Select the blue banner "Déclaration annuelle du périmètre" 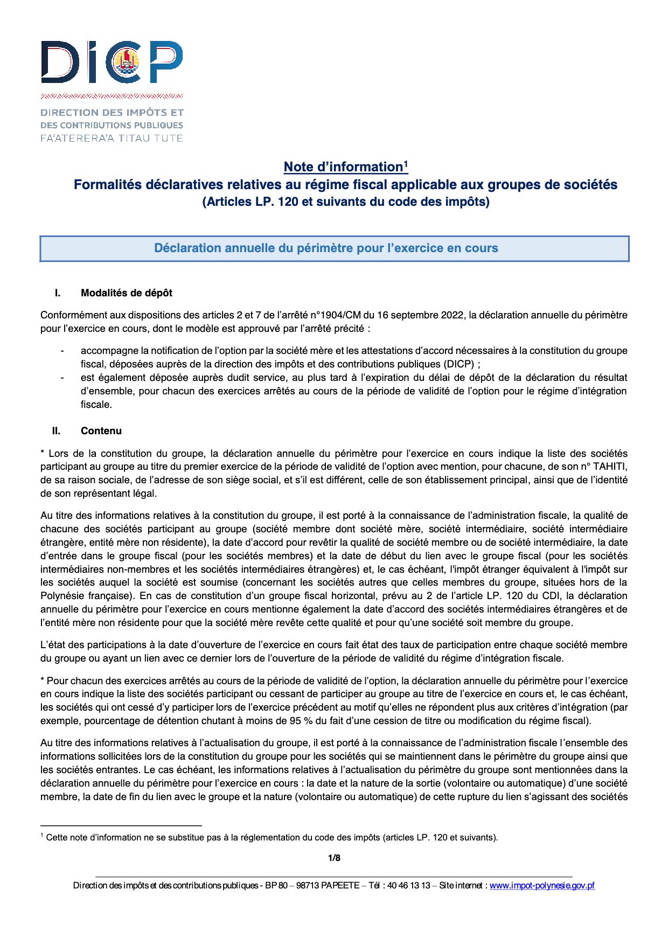pyautogui.click(x=334, y=248)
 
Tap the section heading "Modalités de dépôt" pyautogui.click(x=127, y=293)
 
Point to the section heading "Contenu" pyautogui.click(x=101, y=431)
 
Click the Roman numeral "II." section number pyautogui.click(x=56, y=431)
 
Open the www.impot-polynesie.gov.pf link pyautogui.click(x=542, y=886)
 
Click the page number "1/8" pyautogui.click(x=334, y=858)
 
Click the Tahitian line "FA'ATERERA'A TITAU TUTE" pyautogui.click(x=112, y=138)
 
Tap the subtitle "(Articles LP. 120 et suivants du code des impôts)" pyautogui.click(x=345, y=202)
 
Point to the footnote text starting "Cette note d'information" pyautogui.click(x=272, y=838)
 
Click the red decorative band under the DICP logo pyautogui.click(x=112, y=96)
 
